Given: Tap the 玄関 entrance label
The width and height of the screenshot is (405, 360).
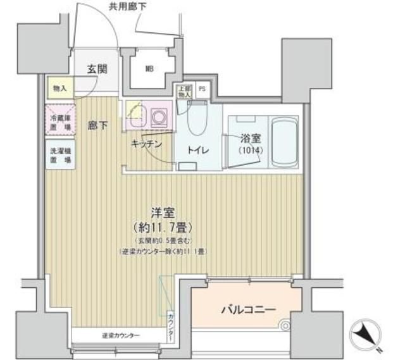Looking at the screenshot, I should [x=96, y=68].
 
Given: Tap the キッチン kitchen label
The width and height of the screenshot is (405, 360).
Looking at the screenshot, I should [x=147, y=144].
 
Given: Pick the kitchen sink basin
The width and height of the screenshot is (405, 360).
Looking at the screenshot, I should [x=136, y=115].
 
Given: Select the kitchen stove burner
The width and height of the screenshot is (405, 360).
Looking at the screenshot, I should [x=158, y=117].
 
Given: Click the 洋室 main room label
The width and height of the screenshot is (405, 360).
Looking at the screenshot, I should [x=163, y=213].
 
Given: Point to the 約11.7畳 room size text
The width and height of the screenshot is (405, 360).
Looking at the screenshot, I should [x=163, y=227].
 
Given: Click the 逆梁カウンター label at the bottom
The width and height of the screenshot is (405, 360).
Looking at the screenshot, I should [x=121, y=335].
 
